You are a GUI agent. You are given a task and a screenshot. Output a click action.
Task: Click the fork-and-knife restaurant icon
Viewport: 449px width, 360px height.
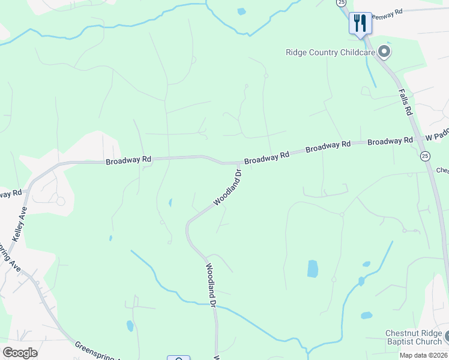360,23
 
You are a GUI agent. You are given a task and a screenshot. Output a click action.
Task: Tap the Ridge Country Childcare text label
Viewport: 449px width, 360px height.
330,52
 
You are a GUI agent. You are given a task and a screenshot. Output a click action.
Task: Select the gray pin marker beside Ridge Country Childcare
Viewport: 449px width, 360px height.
385,52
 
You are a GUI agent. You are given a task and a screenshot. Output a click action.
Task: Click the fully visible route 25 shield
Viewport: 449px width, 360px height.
425,156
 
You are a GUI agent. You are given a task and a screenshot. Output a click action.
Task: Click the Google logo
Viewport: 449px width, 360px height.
20,352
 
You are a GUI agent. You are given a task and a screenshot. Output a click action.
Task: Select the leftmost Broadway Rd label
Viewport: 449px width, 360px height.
128,161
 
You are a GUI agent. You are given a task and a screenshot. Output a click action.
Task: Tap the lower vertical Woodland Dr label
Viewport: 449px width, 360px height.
211,285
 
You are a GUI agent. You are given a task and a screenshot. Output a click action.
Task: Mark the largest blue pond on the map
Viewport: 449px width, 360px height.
312,269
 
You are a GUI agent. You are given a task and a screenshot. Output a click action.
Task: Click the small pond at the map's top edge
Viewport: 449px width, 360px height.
241,11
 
